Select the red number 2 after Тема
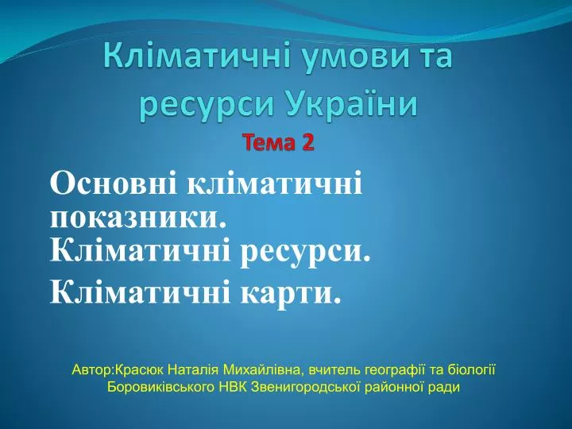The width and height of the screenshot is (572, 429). [x=307, y=142]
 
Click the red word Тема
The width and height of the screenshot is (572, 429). [x=269, y=142]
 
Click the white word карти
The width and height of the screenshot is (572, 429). [x=291, y=291]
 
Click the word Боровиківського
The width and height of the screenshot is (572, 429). [x=160, y=387]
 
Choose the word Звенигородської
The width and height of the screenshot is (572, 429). [x=307, y=387]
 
